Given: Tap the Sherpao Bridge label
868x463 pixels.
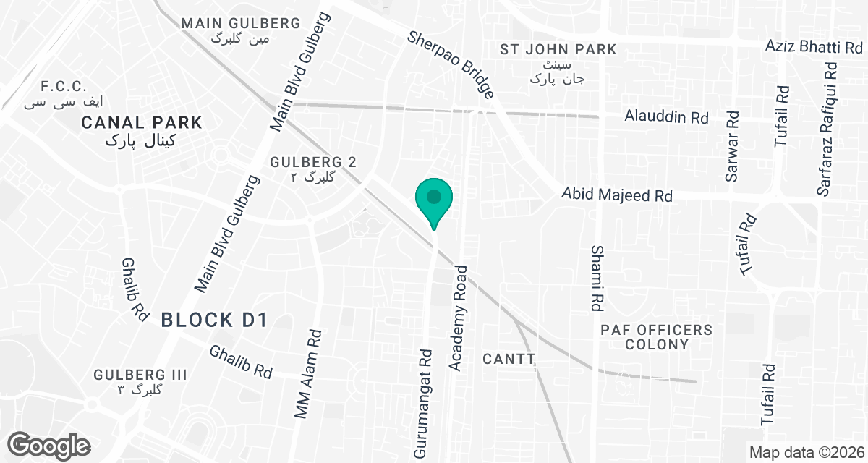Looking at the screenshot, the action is coord(451,65).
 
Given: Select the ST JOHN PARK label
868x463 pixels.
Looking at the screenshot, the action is coord(558,49).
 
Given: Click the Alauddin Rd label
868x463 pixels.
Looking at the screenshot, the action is coord(666,117).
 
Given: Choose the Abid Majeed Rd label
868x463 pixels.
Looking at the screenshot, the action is coord(618,195).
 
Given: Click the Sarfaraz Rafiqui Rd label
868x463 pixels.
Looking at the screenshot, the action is coord(829,129).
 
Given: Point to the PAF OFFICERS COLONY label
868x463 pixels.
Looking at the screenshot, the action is coord(656,337).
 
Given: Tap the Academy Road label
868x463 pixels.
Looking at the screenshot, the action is coord(459,318).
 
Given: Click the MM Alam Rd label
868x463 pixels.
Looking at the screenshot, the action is coord(307,374).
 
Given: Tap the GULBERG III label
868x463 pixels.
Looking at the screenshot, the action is coord(140,375).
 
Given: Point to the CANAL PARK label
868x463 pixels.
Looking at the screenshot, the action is coord(142,122).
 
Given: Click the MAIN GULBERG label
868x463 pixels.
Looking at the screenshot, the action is coord(240,23).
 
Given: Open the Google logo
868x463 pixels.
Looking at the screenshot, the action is coord(51,444).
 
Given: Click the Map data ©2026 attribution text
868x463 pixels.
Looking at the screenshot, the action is coord(806,452).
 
